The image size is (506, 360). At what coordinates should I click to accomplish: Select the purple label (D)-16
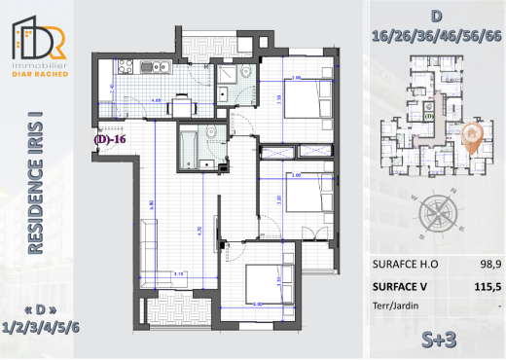click(111, 139)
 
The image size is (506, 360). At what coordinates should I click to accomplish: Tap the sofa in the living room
click(145, 244)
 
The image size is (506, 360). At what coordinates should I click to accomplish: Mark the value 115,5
click(476, 287)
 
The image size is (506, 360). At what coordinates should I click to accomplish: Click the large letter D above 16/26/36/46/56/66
click(436, 17)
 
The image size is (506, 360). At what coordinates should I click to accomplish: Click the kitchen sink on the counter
click(154, 67)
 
